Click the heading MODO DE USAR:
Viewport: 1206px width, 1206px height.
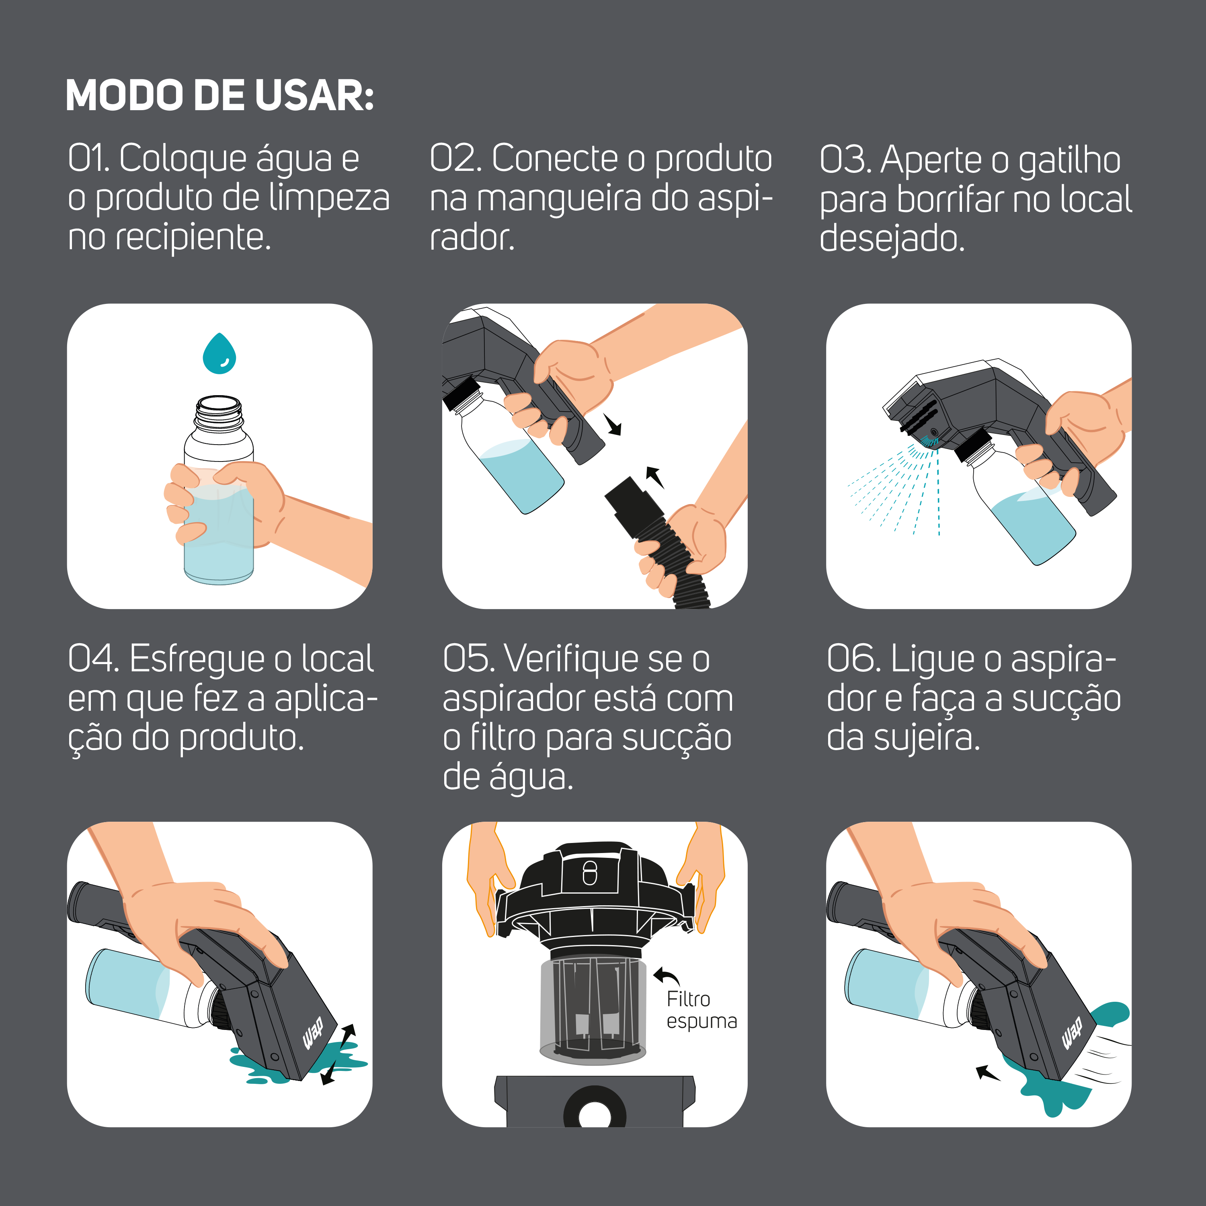pyautogui.click(x=220, y=96)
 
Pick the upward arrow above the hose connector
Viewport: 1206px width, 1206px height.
pyautogui.click(x=654, y=476)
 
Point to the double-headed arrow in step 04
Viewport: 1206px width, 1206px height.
pyautogui.click(x=338, y=1054)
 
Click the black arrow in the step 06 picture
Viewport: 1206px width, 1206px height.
pyautogui.click(x=988, y=1073)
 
